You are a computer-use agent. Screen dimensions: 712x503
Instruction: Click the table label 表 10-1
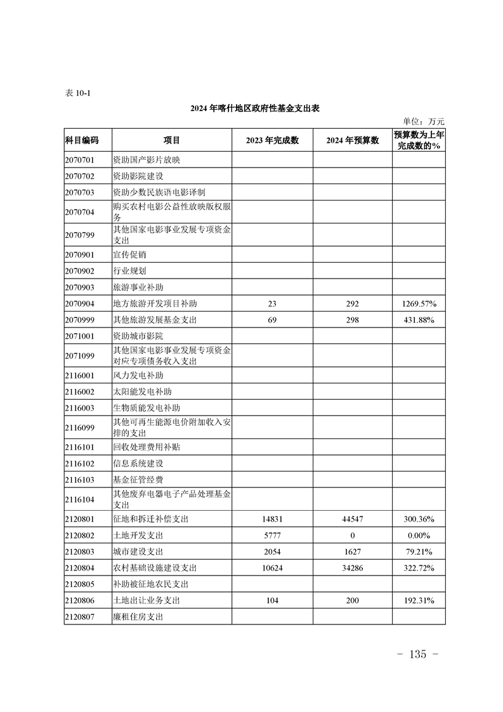tap(78, 93)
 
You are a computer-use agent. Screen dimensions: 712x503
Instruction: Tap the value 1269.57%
tap(419, 304)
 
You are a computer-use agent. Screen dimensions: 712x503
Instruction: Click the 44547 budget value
tap(352, 519)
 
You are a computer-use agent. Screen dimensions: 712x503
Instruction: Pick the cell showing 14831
tap(272, 519)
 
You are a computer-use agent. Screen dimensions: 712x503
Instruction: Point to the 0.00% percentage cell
tap(419, 536)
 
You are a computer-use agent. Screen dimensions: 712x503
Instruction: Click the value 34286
tap(352, 568)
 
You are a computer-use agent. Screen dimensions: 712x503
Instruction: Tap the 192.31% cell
tap(419, 600)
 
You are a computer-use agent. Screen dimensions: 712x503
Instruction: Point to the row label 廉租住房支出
tap(138, 616)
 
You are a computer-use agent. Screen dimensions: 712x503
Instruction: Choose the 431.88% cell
tap(419, 320)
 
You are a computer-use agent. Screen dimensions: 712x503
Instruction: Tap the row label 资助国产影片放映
tap(147, 159)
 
